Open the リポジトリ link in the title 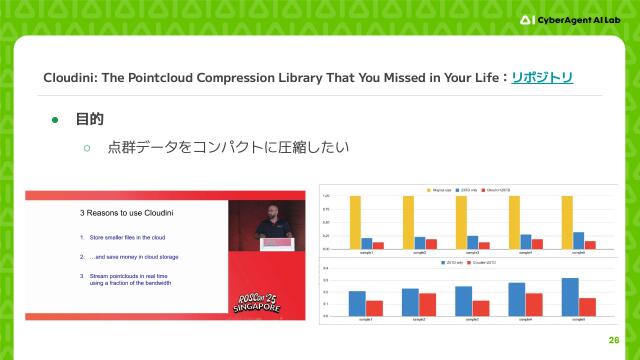[x=542, y=77]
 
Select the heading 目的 [x=90, y=120]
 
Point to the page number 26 [x=613, y=340]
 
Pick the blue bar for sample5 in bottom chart [x=571, y=297]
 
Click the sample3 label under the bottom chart [x=464, y=319]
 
